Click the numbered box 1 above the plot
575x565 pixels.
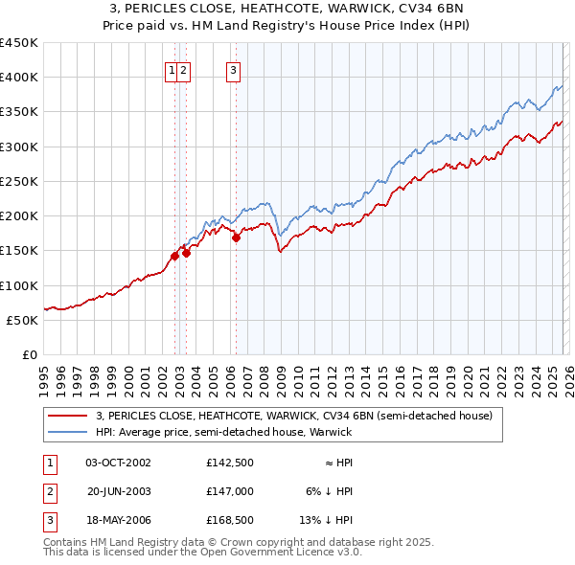[172, 69]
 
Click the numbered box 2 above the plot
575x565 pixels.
[183, 69]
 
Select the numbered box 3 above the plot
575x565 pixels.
[233, 69]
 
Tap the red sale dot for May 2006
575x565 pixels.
[236, 238]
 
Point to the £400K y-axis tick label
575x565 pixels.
[19, 78]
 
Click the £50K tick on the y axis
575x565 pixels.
[23, 320]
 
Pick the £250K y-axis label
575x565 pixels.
[19, 181]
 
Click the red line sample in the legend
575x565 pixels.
[67, 416]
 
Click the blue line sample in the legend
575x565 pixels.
[67, 432]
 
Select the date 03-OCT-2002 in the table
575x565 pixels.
[118, 463]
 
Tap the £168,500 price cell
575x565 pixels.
[228, 522]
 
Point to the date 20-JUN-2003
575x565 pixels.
[118, 492]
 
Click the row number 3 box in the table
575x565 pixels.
[48, 522]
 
